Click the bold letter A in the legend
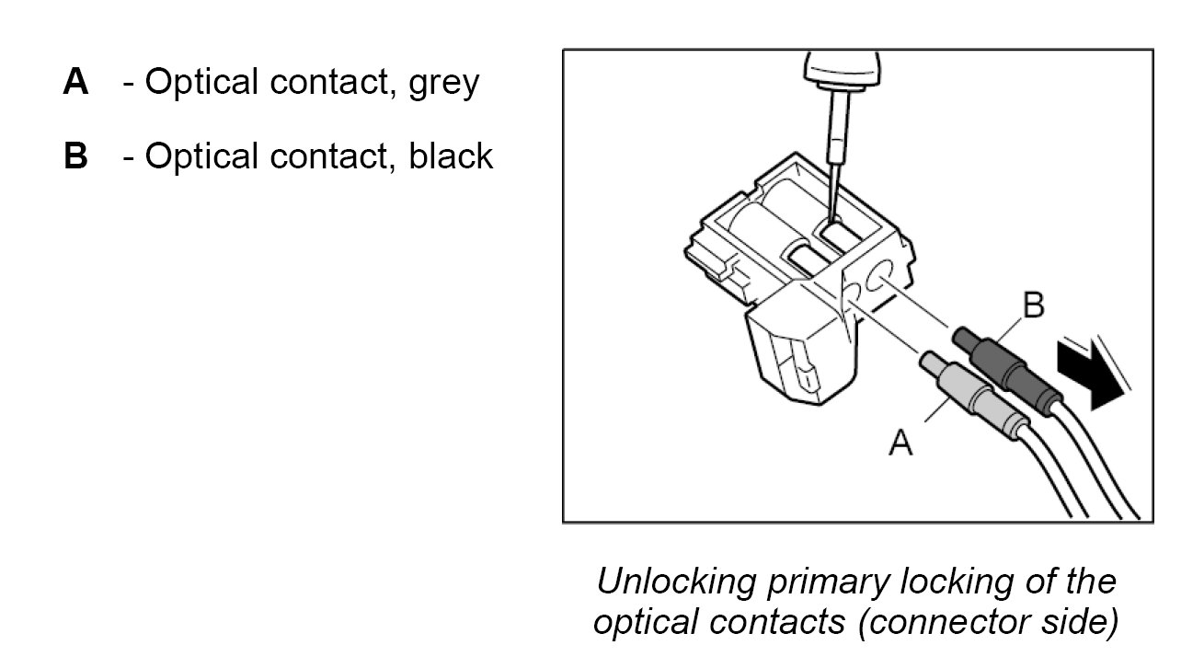coord(75,83)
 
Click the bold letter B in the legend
coord(75,156)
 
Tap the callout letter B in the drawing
coord(1034,306)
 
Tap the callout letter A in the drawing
coord(900,444)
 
